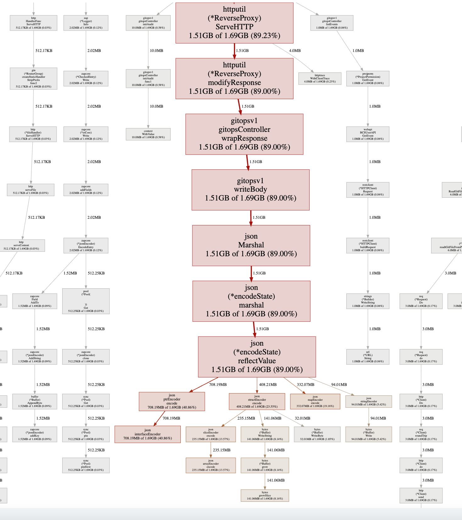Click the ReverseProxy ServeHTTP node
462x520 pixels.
tap(234, 23)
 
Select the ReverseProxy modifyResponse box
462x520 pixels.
tap(234, 78)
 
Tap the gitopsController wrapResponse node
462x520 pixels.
tap(244, 134)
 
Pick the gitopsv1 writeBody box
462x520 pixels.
tap(250, 190)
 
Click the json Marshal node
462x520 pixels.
tap(251, 246)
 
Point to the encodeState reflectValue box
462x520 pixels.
tap(257, 357)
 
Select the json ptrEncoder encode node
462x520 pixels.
tap(172, 402)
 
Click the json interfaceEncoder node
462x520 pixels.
tap(147, 434)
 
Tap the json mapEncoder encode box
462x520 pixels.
tap(315, 402)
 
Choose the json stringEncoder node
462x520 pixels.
tap(368, 402)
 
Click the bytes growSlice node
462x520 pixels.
tap(265, 495)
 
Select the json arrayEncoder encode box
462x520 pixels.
tap(211, 466)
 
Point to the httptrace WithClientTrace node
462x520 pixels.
tap(320, 78)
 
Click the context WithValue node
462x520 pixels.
tap(148, 134)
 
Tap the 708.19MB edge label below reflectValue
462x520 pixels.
tap(218, 385)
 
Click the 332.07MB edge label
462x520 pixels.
tap(305, 385)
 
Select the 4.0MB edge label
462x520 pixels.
tap(295, 51)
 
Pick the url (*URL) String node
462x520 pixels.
tap(368, 357)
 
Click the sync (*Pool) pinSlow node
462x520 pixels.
tap(86, 466)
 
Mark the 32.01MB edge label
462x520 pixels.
tap(302, 418)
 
